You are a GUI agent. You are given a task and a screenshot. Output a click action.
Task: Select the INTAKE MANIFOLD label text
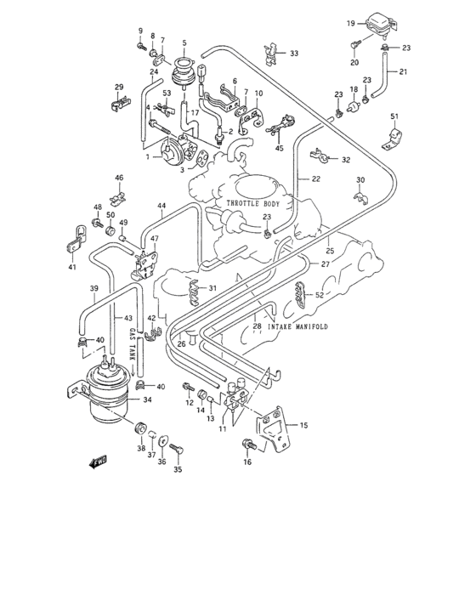(297, 327)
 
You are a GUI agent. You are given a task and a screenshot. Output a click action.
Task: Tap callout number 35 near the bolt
(178, 469)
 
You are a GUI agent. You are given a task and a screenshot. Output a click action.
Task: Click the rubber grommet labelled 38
(141, 426)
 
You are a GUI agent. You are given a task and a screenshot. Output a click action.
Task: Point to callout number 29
(120, 88)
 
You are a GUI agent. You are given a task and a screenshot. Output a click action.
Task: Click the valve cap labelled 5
(184, 65)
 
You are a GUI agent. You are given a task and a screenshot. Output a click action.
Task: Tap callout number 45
(278, 150)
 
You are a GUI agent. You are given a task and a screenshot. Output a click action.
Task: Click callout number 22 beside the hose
(315, 178)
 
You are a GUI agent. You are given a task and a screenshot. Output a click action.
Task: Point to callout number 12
(190, 403)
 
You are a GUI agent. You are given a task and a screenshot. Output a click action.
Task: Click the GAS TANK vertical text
(132, 342)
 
